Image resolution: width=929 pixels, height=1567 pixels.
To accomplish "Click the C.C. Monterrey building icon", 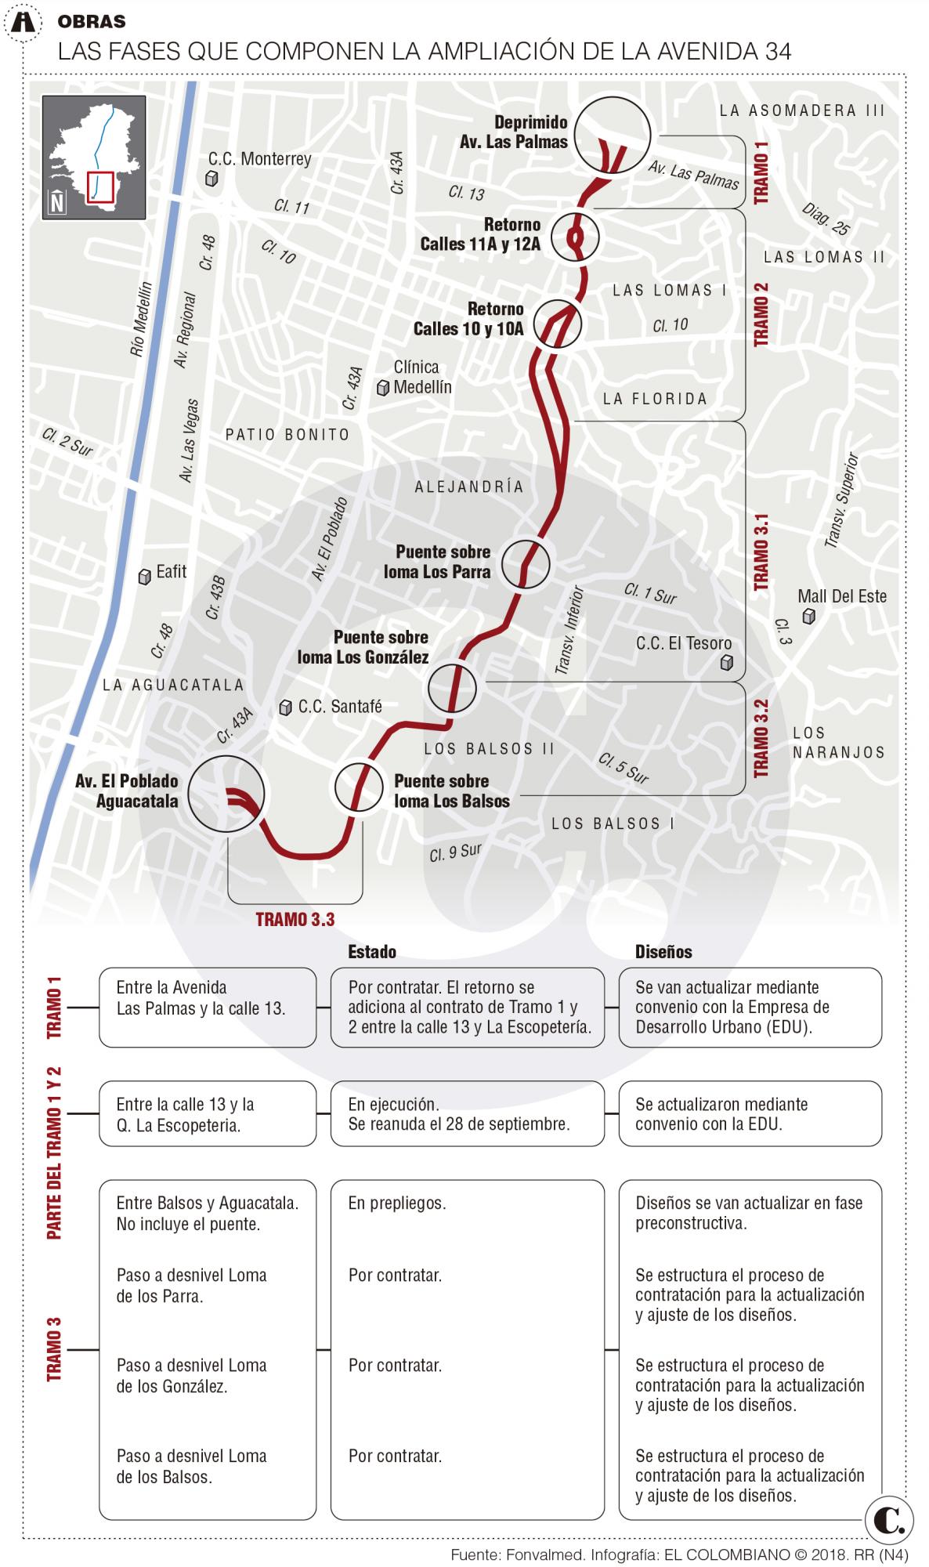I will point(211,179).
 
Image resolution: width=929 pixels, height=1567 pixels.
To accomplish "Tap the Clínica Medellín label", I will point(422,377).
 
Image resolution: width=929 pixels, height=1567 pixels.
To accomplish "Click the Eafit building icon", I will point(145,577).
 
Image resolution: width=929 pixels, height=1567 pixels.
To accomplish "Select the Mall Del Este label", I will point(842,596).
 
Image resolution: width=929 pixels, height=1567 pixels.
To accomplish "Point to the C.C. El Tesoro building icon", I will point(727,664).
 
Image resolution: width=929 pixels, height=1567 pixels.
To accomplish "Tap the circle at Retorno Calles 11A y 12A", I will point(575,237).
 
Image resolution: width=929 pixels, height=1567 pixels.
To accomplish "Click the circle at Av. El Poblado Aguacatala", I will point(226,794).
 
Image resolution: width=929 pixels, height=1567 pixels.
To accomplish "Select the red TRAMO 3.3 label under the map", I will point(295,920).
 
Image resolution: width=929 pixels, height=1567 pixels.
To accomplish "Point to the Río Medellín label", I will point(143,320).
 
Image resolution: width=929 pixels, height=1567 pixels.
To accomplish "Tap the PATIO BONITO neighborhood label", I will point(287,435).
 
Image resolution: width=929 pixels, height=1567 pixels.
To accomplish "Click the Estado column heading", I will point(372,952).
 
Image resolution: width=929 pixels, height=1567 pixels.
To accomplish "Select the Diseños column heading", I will point(663,952).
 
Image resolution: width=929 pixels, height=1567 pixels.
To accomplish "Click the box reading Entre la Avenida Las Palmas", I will point(208,1008).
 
